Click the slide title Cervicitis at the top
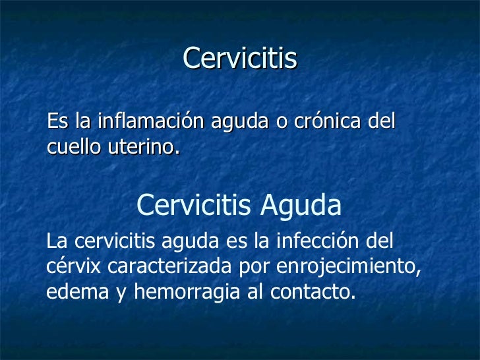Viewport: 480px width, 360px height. click(240, 59)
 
